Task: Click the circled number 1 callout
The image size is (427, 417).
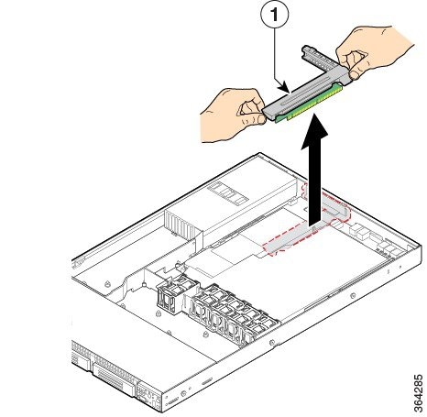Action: tap(275, 15)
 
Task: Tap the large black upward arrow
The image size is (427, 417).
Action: tap(314, 171)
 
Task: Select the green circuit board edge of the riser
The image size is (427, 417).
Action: tap(309, 104)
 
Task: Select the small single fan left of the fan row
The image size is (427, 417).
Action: tap(169, 295)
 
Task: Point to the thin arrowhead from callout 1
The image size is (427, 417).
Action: tap(285, 87)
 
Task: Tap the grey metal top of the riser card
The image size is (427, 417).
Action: tap(305, 93)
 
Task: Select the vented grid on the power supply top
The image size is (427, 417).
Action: tap(228, 192)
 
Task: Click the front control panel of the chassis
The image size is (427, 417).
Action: tap(148, 397)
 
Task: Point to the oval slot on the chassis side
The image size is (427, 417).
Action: tap(207, 381)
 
